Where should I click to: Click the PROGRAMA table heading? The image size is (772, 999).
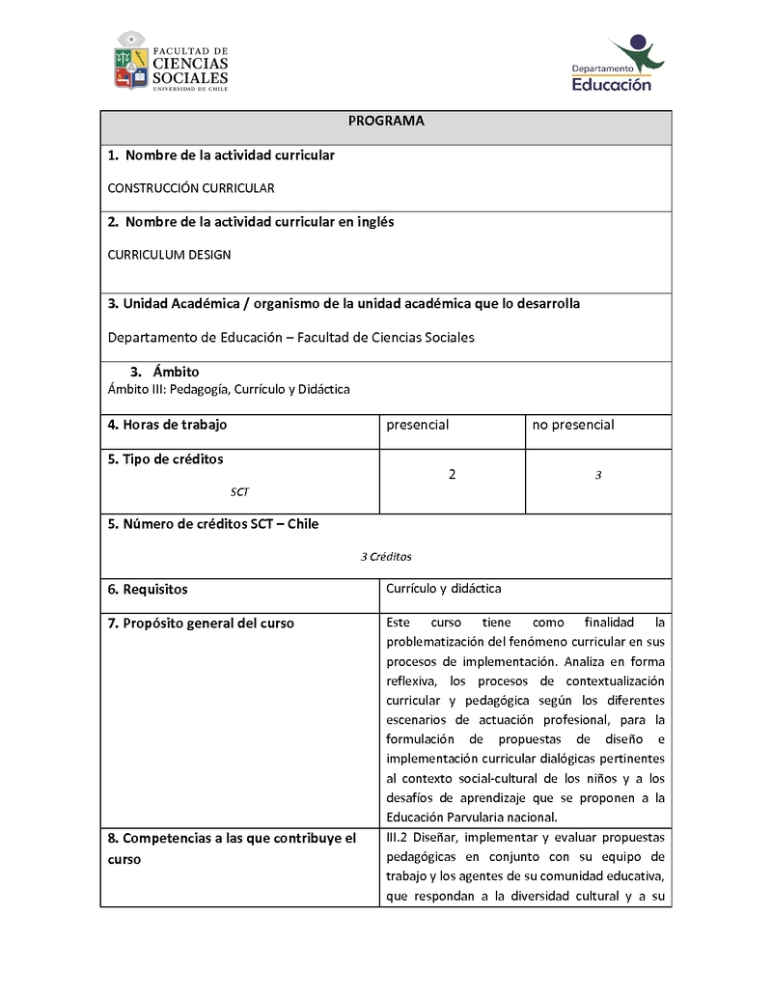click(x=386, y=122)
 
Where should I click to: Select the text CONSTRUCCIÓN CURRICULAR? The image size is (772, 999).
click(x=191, y=188)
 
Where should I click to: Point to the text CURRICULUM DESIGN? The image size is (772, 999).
click(x=169, y=255)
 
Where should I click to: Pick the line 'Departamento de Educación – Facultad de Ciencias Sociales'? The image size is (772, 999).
click(x=290, y=338)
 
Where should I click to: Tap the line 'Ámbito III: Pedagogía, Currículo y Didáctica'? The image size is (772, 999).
click(x=229, y=389)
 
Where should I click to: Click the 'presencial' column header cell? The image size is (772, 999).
click(x=418, y=425)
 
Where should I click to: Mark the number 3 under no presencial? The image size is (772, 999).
click(x=598, y=476)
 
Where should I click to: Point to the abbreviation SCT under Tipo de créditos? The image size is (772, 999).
click(x=239, y=491)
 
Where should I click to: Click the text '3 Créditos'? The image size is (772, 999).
click(x=386, y=557)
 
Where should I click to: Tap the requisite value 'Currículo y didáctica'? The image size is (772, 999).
click(x=444, y=588)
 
